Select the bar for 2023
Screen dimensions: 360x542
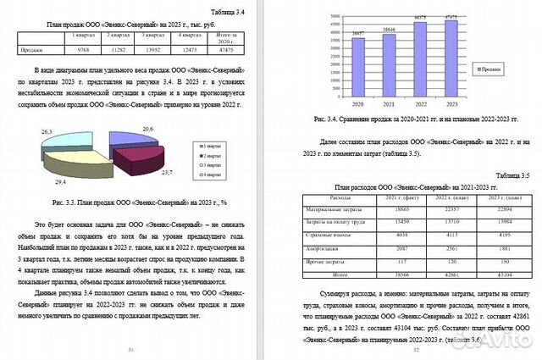(451, 60)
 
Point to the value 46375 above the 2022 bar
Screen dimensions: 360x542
(420, 16)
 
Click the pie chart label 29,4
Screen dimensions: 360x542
(60, 181)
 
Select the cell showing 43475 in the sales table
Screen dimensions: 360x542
(226, 50)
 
